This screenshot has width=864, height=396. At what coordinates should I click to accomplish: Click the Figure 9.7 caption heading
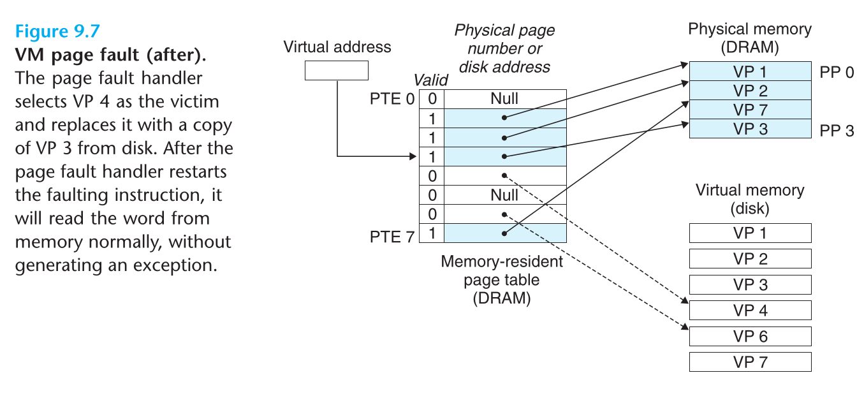coord(57,31)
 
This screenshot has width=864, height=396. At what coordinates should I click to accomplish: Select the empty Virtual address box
coord(336,70)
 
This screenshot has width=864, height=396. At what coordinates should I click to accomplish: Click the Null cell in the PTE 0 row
coord(504,98)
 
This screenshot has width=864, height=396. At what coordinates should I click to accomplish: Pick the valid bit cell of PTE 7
coord(432,233)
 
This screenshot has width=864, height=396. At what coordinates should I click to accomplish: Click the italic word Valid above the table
coord(431,80)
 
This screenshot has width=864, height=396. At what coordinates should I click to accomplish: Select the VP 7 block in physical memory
coord(750,110)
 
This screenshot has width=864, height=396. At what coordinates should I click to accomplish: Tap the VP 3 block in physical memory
coord(750,129)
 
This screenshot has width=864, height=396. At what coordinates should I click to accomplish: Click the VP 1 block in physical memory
coord(750,71)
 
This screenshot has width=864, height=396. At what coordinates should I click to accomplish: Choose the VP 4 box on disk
coord(750,311)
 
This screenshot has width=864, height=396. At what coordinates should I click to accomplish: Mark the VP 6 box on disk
coord(750,336)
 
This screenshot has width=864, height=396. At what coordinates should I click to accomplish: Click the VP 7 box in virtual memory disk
coord(750,362)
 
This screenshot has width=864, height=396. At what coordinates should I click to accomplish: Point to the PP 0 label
coord(836,72)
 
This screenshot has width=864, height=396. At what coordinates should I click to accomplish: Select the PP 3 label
coord(836,131)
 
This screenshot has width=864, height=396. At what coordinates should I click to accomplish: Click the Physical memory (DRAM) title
coord(750,38)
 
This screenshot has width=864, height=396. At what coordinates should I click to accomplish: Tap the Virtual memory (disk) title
coord(750,199)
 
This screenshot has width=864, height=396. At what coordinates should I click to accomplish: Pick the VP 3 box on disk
coord(750,284)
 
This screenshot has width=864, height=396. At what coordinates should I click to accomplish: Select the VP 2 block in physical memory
coord(750,91)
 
